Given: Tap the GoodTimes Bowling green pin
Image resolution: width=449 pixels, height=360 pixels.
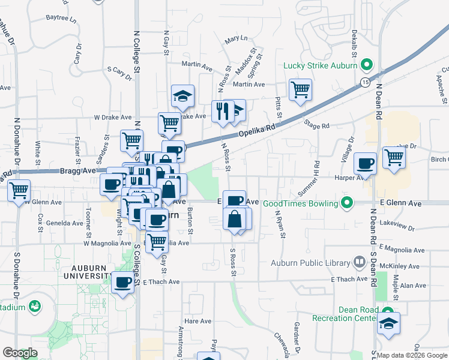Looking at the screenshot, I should click(346, 203).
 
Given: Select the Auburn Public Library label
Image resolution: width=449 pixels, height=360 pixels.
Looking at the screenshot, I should click(310, 263).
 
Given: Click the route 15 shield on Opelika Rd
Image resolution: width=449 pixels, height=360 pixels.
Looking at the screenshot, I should click(365, 82).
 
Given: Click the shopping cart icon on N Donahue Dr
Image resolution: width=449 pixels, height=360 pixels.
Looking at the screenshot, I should click(19, 191).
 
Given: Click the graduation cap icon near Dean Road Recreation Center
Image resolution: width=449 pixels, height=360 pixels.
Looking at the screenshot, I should click(388, 323).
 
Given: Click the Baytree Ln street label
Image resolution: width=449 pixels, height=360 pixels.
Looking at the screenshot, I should click(62, 19).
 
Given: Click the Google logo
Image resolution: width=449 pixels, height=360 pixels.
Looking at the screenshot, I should click(20, 353).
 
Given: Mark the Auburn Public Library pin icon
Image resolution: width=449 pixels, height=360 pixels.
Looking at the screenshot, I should click(359, 262).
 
